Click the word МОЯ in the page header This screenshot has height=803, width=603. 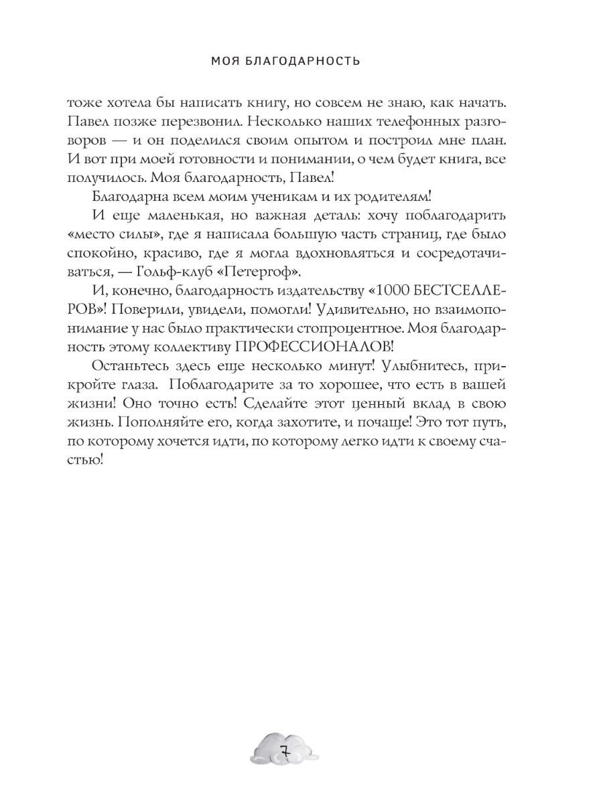click(224, 62)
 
